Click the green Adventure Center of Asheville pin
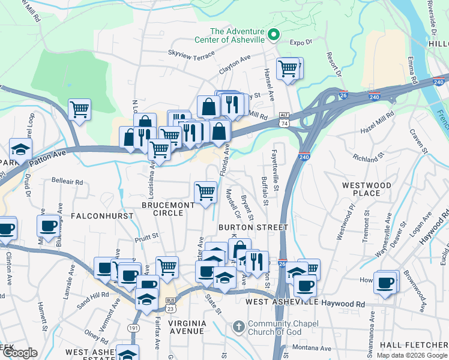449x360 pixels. pos(274,35)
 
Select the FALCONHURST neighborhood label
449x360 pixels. pos(97,215)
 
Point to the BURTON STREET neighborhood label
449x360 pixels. pos(253,227)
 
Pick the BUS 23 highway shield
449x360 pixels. pos(170,305)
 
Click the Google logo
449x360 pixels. pos(19,353)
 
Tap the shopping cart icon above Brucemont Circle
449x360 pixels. pos(205,192)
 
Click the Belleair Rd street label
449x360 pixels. pos(67,181)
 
